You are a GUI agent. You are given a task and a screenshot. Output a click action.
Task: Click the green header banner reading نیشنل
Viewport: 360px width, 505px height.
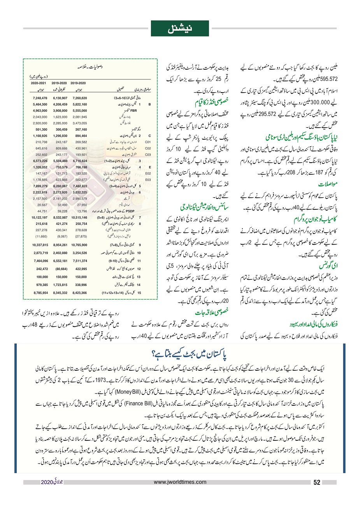point(180,28)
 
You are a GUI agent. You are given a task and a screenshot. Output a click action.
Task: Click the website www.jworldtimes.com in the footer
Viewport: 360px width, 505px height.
point(180,482)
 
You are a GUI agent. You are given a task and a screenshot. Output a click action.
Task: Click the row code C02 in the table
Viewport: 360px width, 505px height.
point(148,148)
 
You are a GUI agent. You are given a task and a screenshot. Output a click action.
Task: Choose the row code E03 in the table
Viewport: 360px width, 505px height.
point(148,179)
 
